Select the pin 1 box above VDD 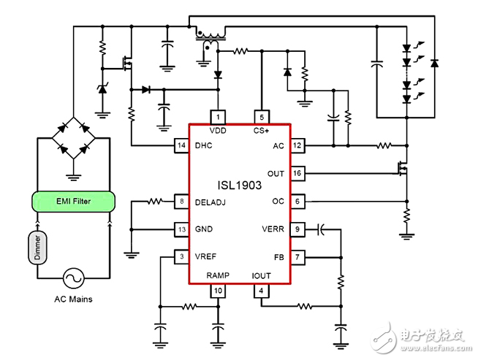click(218, 117)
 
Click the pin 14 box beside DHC click(182, 145)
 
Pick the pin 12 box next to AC click(297, 145)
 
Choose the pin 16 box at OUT click(297, 173)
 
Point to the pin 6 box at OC click(297, 201)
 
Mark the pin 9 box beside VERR click(297, 229)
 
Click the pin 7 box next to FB click(297, 256)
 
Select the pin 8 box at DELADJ click(182, 201)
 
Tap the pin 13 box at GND click(182, 229)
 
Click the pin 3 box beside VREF click(182, 256)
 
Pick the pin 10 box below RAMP click(218, 291)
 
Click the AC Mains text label click(73, 299)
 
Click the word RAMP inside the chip click(218, 275)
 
